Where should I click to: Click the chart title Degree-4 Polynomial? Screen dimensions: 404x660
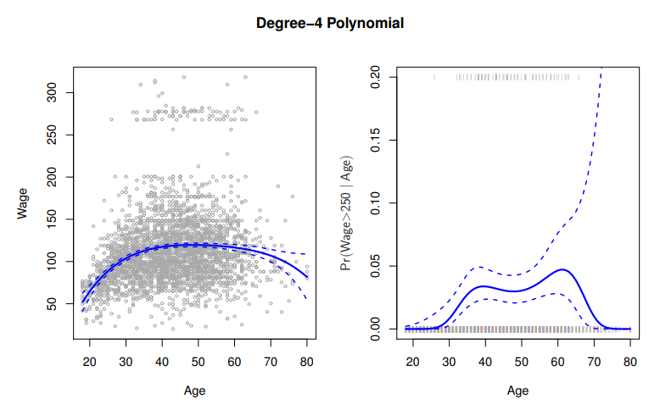(330, 23)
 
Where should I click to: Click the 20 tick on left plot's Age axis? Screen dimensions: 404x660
(90, 362)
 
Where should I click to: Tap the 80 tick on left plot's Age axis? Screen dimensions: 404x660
(307, 362)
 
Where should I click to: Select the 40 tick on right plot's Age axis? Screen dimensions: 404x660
(485, 362)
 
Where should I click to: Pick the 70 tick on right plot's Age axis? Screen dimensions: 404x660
(594, 362)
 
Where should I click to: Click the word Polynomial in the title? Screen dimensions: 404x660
(366, 23)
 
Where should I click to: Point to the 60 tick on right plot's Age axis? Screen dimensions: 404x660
(557, 362)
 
